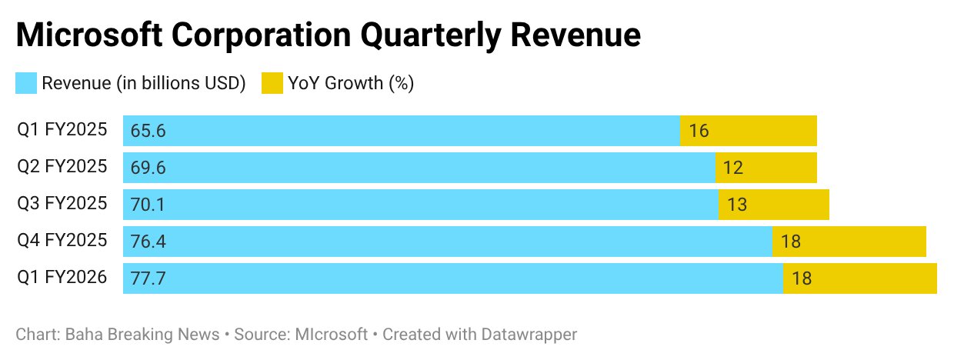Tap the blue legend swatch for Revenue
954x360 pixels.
tap(26, 83)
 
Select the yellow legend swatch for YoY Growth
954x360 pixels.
tap(272, 83)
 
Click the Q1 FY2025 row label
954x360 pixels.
tap(62, 130)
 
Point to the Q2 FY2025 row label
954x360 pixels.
tap(62, 167)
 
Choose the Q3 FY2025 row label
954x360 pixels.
tap(62, 204)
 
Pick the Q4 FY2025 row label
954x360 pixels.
tap(62, 241)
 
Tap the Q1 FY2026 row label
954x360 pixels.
tap(62, 278)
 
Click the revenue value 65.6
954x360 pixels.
tap(148, 131)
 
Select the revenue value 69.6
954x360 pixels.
tap(148, 168)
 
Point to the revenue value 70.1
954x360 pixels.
tap(148, 205)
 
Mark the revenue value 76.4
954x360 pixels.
tap(148, 242)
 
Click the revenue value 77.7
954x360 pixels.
tap(148, 278)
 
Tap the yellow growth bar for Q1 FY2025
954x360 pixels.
tap(748, 131)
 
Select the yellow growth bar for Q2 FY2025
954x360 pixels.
tap(766, 168)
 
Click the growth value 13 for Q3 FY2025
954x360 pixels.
tap(737, 205)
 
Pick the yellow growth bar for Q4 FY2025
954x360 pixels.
tap(849, 242)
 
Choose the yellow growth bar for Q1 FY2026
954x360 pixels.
tap(859, 278)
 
